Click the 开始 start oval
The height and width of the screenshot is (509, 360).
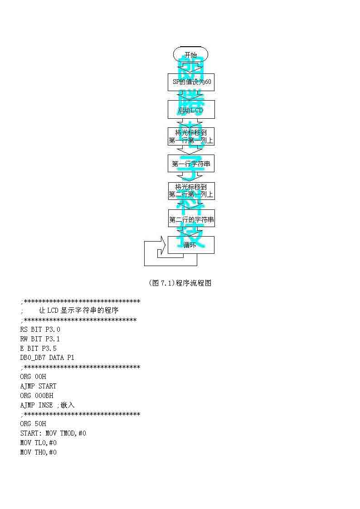tap(190, 55)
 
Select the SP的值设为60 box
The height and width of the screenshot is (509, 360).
tap(191, 82)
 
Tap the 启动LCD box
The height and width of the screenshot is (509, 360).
tap(191, 109)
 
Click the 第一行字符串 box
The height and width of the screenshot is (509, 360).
tap(191, 164)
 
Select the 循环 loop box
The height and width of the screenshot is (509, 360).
tap(191, 245)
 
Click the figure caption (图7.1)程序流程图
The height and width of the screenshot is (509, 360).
tap(180, 283)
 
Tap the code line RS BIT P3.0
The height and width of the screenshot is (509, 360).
tap(40, 330)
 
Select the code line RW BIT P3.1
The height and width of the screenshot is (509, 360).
tap(40, 339)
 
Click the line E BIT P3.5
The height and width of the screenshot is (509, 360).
tap(39, 349)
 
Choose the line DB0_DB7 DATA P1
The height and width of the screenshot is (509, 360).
tap(47, 358)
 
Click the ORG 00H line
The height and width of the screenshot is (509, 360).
tap(33, 377)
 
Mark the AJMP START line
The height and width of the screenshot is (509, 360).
tap(39, 386)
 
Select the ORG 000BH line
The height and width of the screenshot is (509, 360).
tap(37, 396)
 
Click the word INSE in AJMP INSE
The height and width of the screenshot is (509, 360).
tap(46, 405)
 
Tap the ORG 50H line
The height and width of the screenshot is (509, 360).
tap(33, 424)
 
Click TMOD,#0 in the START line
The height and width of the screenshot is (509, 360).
tap(73, 433)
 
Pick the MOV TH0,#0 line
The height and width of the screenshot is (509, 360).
tap(39, 452)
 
